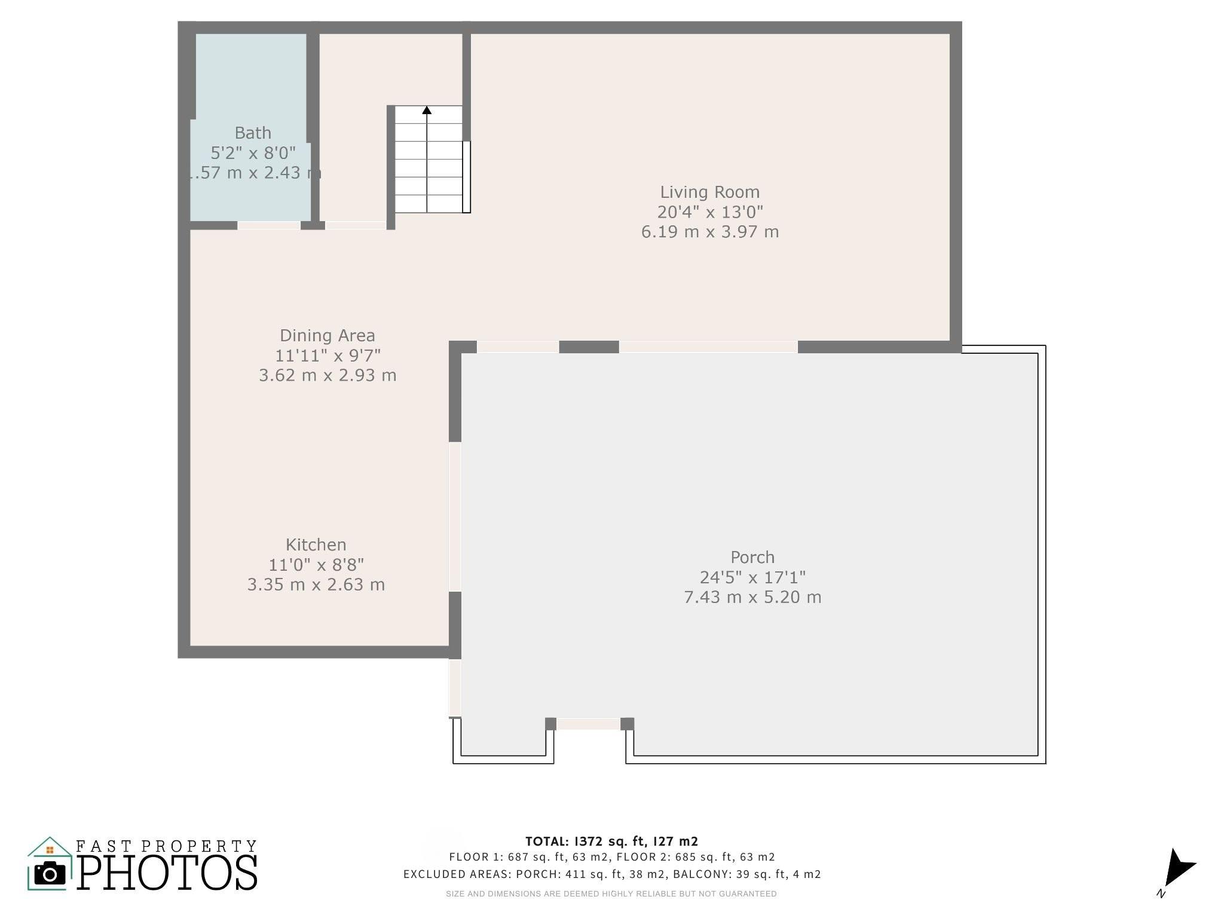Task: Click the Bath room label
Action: coord(253,133)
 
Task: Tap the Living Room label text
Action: coord(710,192)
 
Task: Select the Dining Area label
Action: coord(328,336)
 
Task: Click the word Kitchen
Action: coord(316,544)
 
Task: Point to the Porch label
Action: coord(752,557)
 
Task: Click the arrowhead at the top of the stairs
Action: coord(427,110)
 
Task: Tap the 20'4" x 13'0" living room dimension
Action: coord(710,212)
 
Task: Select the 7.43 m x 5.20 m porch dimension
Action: coord(752,597)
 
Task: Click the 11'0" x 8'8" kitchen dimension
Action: coord(316,564)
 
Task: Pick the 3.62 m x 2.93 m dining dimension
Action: coord(328,375)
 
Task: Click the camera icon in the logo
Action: coord(50,874)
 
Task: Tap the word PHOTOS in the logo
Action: coord(167,872)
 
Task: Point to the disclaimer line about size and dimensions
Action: coord(611,894)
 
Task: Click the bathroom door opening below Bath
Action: coord(269,225)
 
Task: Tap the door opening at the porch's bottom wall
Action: coord(588,724)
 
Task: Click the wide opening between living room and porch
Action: coord(708,347)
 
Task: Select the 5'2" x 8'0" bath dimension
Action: coord(253,153)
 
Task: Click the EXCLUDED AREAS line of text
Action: coord(612,874)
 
